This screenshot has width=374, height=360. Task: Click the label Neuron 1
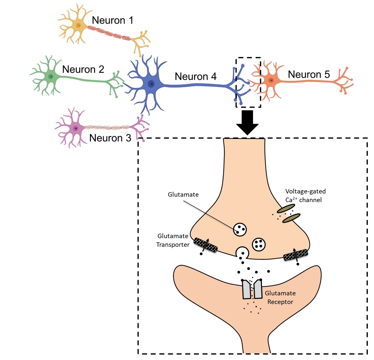tap(112, 20)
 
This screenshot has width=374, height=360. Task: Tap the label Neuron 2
tap(83, 69)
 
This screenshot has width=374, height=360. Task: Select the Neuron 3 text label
tap(110, 138)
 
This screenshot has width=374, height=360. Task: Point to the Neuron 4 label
tap(195, 76)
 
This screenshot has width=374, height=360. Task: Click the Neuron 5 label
tap(309, 74)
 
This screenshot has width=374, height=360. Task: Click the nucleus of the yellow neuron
tap(78, 25)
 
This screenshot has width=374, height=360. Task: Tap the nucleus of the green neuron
tap(51, 76)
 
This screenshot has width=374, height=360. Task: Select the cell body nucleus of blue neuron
tap(151, 84)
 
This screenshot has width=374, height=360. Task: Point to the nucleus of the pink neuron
tap(75, 128)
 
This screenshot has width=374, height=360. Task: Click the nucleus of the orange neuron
tap(272, 80)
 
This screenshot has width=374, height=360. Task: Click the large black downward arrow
tap(247, 122)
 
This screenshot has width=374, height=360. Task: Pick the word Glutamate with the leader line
tap(183, 195)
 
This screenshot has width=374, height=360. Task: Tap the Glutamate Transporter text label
tap(173, 240)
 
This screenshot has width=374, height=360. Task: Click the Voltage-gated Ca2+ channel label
tap(305, 196)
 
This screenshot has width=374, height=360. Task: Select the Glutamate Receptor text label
tap(280, 297)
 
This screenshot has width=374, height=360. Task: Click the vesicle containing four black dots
tap(259, 244)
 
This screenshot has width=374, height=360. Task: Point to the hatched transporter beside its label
tap(205, 245)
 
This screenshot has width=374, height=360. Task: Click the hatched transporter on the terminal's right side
tap(295, 255)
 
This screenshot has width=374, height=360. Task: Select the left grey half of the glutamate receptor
tap(246, 289)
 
